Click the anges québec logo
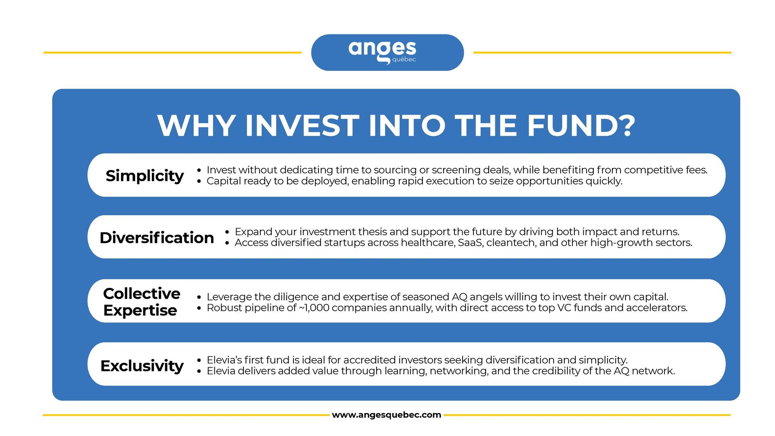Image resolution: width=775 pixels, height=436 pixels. [x=382, y=52]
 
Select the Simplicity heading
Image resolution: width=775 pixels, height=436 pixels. [x=145, y=176]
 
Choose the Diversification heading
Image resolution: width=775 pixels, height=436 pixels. [x=157, y=237]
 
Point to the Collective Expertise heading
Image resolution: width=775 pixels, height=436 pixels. [x=141, y=302]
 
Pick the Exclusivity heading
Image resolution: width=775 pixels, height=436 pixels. [x=142, y=366]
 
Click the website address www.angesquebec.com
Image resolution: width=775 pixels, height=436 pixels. [x=386, y=415]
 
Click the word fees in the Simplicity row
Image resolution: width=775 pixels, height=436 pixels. [x=696, y=170]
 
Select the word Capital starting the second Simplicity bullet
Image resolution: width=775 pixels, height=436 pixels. [x=224, y=181]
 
